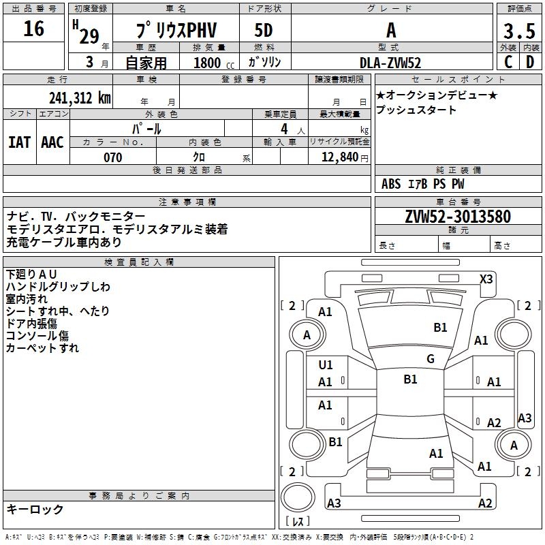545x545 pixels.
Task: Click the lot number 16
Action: [x=33, y=29]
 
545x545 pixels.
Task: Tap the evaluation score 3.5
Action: [x=518, y=32]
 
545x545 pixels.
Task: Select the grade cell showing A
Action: [x=391, y=31]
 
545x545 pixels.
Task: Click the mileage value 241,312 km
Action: [x=80, y=97]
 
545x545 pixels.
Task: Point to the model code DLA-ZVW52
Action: [x=390, y=63]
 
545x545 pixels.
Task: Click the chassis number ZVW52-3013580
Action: [x=457, y=217]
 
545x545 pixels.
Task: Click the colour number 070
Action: [x=112, y=157]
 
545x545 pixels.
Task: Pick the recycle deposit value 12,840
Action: [x=343, y=157]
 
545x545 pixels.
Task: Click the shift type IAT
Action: [x=19, y=142]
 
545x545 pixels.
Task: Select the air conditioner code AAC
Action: [x=52, y=142]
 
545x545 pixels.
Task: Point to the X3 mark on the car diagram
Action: [x=486, y=279]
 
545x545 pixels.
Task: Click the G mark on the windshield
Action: [x=430, y=359]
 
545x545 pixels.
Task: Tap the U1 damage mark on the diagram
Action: [x=326, y=365]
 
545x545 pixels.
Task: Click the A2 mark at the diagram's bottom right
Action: [x=485, y=503]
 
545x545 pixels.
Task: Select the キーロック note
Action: [x=35, y=510]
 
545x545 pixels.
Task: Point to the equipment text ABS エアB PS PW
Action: [x=422, y=183]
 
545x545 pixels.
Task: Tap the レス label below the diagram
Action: [x=298, y=523]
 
